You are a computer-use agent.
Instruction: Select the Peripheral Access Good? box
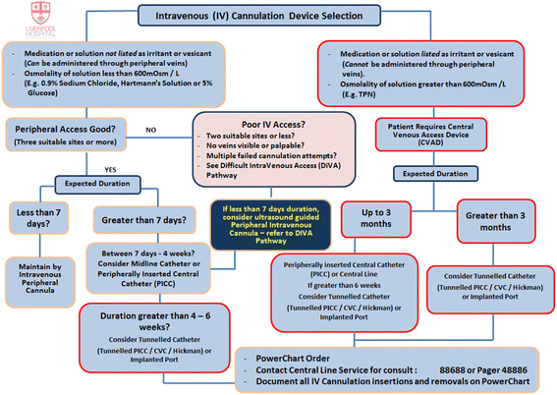(x=64, y=135)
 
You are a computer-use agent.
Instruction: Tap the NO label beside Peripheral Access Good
(x=152, y=129)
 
